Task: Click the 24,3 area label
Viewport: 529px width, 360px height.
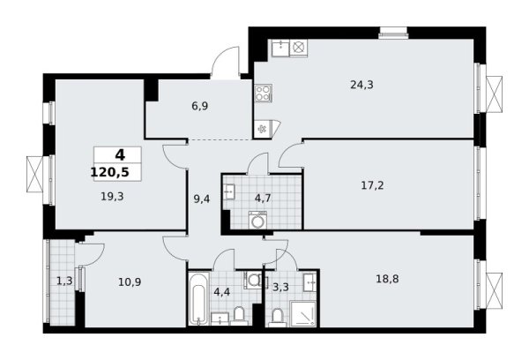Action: (x=361, y=85)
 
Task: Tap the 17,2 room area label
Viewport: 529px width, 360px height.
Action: (x=372, y=185)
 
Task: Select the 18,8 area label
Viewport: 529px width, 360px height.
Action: (x=387, y=279)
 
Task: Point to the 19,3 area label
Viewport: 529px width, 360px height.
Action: (x=112, y=196)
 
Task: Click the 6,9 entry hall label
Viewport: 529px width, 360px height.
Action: (x=200, y=106)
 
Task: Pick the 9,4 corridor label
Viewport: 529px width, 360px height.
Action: (x=202, y=199)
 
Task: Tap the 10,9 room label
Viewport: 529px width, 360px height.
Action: (x=130, y=281)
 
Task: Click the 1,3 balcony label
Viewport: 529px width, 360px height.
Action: (x=64, y=281)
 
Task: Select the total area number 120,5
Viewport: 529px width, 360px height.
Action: (x=110, y=173)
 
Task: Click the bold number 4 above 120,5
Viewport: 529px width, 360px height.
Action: (x=120, y=155)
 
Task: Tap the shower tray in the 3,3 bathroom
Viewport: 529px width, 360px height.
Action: (x=303, y=314)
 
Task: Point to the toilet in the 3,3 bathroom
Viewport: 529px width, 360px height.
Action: (x=278, y=318)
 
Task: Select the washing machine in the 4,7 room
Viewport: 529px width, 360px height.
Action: (x=257, y=220)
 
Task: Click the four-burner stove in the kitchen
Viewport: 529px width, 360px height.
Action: (x=263, y=94)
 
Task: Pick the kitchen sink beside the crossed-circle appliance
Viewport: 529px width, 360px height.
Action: (x=280, y=48)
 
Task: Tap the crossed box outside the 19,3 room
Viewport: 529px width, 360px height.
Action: (x=35, y=174)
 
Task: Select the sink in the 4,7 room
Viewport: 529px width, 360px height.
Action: (x=229, y=191)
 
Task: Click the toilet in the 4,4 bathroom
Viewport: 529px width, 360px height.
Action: (x=239, y=315)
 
